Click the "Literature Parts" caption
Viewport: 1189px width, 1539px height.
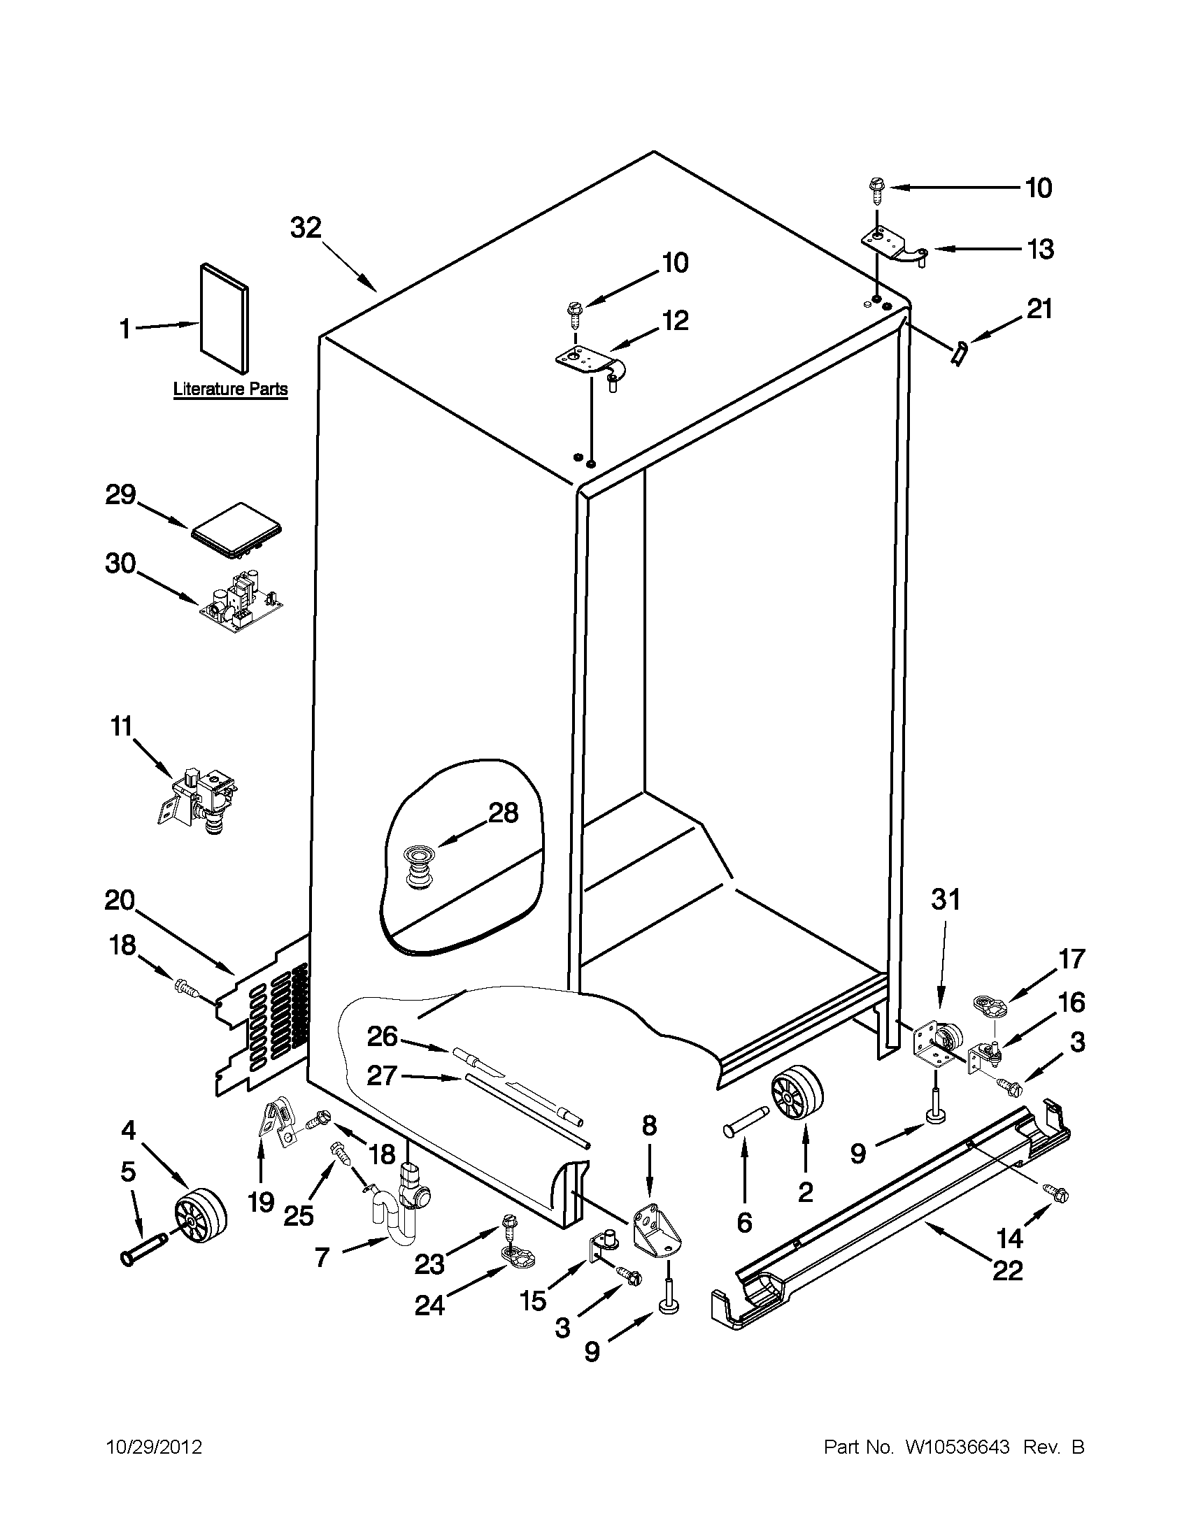(231, 389)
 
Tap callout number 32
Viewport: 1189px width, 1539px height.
(306, 228)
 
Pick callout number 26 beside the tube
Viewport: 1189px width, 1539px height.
(382, 1036)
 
